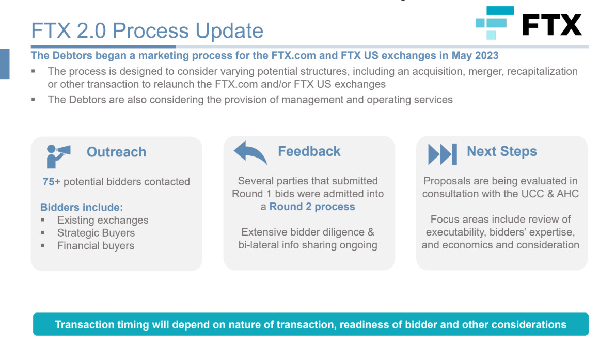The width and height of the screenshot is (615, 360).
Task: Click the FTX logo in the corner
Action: coord(528,23)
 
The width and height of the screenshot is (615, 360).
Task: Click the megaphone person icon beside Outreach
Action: coord(58,156)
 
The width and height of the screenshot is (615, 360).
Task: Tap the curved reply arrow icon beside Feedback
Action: coord(250,152)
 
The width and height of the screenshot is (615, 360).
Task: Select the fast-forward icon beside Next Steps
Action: coord(443,154)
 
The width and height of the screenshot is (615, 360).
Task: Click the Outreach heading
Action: coord(117,152)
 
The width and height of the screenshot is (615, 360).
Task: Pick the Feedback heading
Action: coord(309,151)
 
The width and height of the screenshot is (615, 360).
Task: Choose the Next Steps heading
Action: coord(501,151)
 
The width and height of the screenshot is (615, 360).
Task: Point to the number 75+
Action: coord(52,182)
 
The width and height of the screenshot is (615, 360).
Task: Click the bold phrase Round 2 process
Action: coord(312,207)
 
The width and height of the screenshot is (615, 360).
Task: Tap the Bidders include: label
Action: coord(82,207)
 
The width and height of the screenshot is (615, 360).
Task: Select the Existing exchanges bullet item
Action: coord(103,220)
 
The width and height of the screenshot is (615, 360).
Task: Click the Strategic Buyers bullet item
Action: coord(96,233)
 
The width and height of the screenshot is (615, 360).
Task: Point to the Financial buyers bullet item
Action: coord(96,245)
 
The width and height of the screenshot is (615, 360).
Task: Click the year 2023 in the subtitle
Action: coord(486,55)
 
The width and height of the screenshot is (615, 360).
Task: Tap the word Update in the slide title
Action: coord(229,30)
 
